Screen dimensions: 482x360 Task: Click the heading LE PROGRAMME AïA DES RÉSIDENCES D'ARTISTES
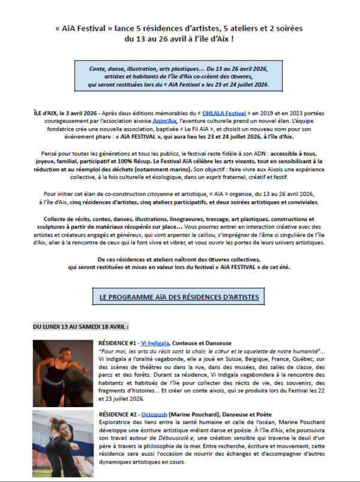(179, 297)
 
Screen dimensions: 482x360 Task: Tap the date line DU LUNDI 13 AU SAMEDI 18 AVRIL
(80, 327)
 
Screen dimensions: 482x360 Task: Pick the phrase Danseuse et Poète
(250, 414)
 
